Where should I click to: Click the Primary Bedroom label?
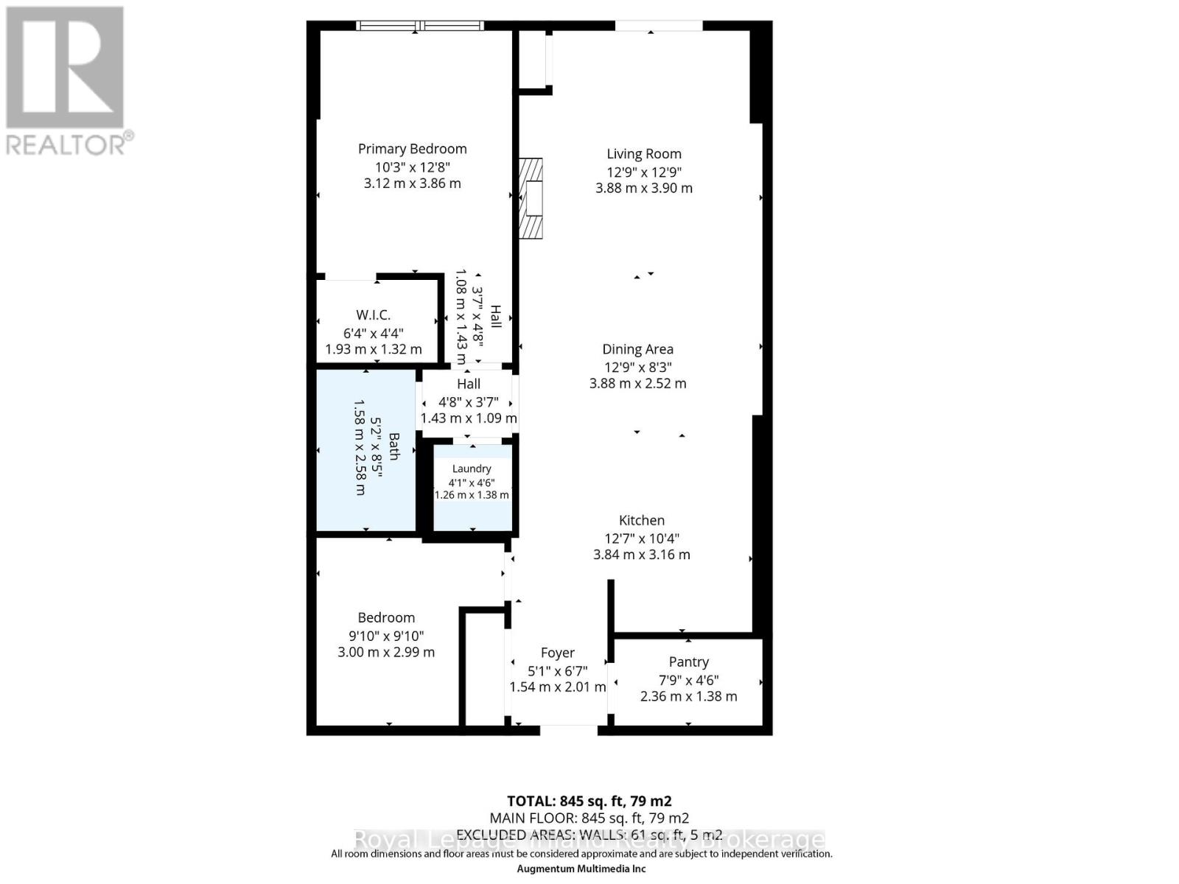coord(412,149)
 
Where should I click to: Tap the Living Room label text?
coord(643,154)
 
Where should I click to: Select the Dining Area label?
coord(637,349)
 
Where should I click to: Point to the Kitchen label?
coord(641,520)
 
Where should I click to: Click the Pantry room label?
coord(688,662)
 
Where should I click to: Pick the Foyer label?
coord(557,653)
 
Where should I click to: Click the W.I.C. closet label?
coord(373,315)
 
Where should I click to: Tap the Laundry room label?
coord(471,469)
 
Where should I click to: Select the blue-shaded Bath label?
coord(393,446)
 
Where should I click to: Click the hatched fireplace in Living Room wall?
coord(531,198)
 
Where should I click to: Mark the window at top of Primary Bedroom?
coord(420,26)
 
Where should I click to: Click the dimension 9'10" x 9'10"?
coord(386,636)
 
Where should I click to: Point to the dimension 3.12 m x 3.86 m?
coord(412,183)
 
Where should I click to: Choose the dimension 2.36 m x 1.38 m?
coord(688,696)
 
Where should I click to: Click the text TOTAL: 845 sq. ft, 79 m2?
coord(589,801)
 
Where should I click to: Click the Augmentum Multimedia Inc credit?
coord(581,869)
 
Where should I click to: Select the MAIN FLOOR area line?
coord(589,818)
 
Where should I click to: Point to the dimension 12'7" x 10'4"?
coord(641,539)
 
